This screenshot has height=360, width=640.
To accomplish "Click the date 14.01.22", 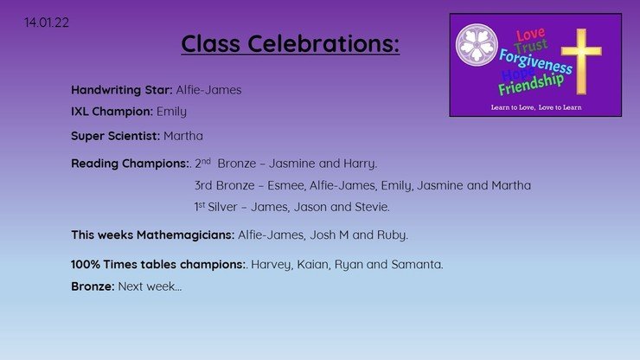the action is (47, 22).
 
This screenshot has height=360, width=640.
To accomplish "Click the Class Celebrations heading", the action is (291, 44).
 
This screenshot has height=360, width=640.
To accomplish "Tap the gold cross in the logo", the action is (581, 61).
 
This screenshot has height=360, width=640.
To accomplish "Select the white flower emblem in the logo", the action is (477, 44).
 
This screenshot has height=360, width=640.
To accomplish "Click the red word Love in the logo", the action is (531, 35).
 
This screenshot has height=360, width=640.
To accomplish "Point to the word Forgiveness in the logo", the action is (535, 61).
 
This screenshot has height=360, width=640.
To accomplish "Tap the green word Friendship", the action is (531, 85).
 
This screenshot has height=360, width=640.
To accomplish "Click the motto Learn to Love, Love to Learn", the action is (536, 107).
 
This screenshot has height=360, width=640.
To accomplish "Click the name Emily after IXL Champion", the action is (171, 112).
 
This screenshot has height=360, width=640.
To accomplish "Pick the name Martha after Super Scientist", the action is (183, 136).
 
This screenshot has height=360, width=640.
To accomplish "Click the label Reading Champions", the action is (130, 164).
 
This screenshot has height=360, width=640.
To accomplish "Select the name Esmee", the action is (286, 185).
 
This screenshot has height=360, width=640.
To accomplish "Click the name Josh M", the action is (330, 235).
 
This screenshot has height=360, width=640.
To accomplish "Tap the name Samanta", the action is (416, 265).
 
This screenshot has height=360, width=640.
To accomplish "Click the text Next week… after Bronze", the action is (150, 286).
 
